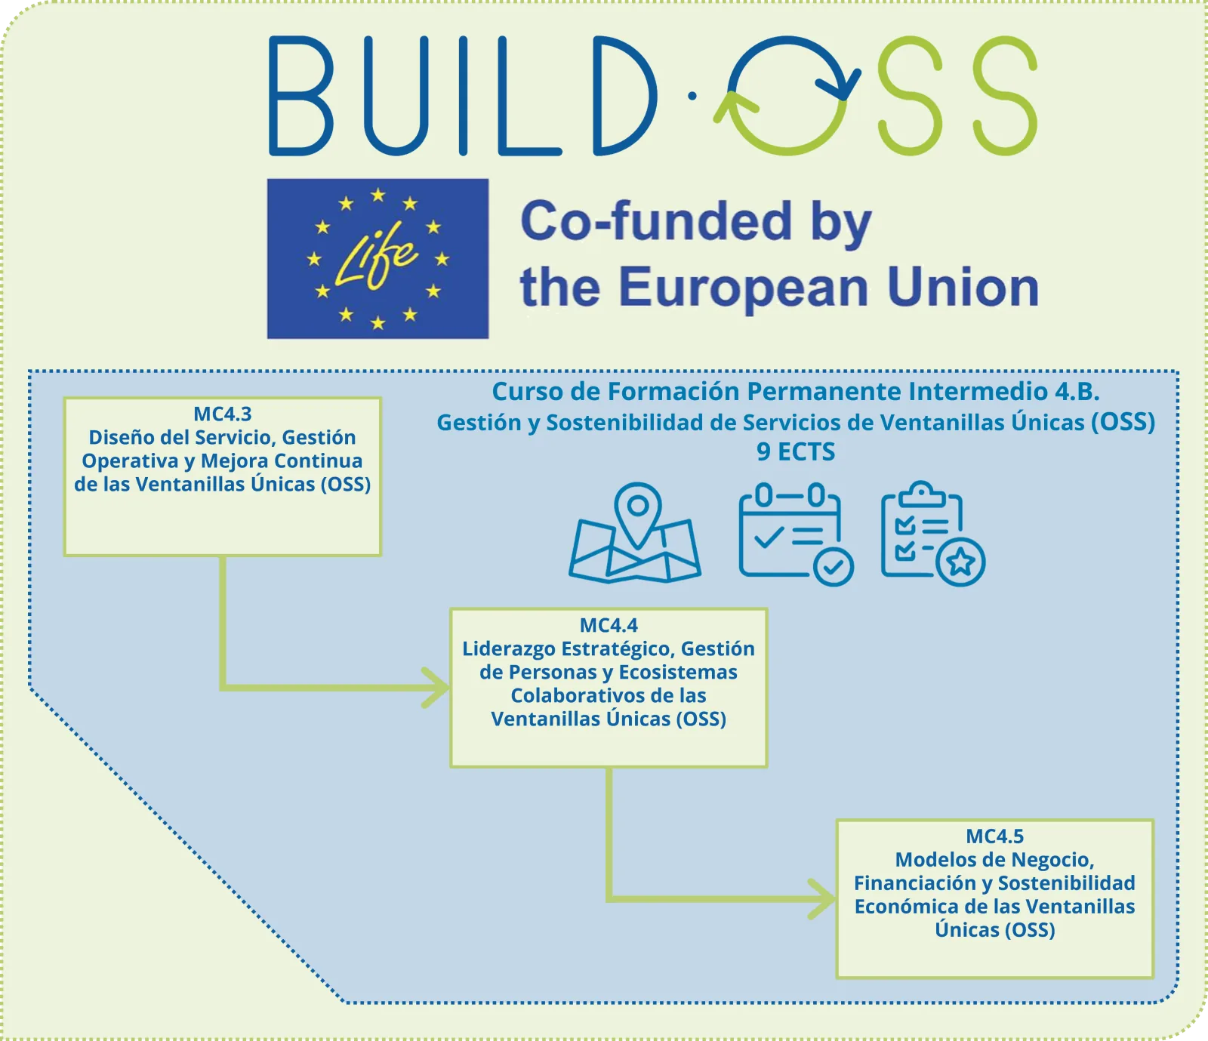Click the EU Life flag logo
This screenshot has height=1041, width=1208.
tap(377, 258)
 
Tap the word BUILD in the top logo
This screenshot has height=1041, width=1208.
tap(463, 96)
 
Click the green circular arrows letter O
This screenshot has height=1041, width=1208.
tap(787, 96)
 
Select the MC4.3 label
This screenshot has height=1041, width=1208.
tap(223, 414)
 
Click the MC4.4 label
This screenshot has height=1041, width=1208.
tap(609, 625)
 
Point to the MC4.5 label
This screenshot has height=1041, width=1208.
tap(995, 836)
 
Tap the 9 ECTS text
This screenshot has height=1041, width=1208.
tap(796, 451)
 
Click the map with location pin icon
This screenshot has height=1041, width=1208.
tap(635, 533)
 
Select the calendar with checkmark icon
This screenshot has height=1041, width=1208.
tap(796, 534)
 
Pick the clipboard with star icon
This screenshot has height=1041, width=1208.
tap(933, 534)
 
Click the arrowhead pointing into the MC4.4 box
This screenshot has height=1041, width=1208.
tap(438, 688)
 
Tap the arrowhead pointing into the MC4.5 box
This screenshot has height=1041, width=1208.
tap(824, 899)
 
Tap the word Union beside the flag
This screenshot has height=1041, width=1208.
tap(963, 288)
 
